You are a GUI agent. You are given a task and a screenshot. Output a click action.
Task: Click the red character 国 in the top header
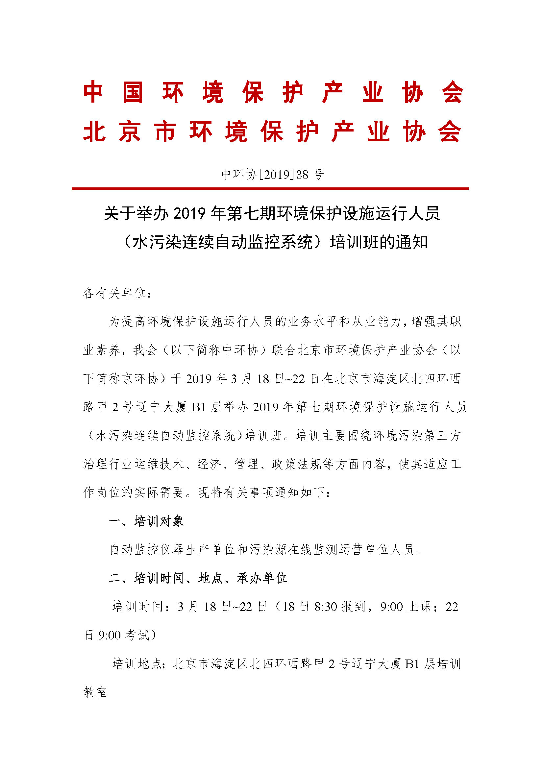[133, 92]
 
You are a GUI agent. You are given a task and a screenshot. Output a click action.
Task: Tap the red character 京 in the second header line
[130, 132]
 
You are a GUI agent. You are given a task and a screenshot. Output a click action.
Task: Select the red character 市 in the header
[165, 132]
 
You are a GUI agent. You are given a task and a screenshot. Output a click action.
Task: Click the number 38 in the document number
[302, 175]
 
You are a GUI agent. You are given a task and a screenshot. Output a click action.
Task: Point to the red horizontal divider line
[270, 189]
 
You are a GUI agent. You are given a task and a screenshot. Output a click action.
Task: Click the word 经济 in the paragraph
[209, 464]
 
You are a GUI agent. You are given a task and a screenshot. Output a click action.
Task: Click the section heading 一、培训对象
[147, 521]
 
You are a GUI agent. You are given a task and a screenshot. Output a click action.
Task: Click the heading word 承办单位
[261, 578]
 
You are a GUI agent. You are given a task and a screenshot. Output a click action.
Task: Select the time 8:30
[325, 607]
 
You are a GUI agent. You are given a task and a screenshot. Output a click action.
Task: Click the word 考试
[137, 635]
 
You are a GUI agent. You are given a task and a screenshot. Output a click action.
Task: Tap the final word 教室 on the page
[95, 692]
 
